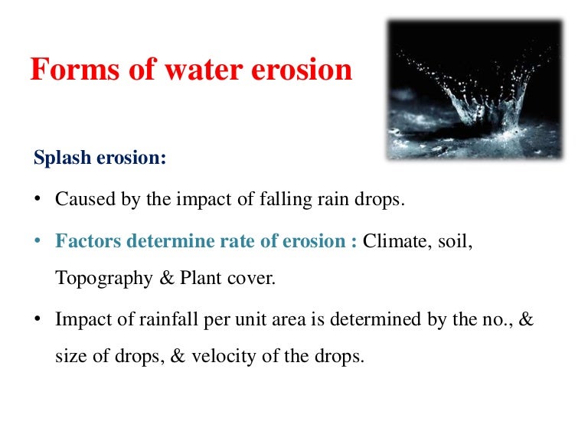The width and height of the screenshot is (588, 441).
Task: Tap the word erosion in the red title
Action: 302,70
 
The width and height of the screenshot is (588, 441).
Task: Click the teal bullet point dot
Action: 38,242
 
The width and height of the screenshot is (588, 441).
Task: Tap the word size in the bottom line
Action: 69,356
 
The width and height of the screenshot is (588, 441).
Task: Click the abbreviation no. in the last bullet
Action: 495,319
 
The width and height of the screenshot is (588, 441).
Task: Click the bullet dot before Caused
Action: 38,201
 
